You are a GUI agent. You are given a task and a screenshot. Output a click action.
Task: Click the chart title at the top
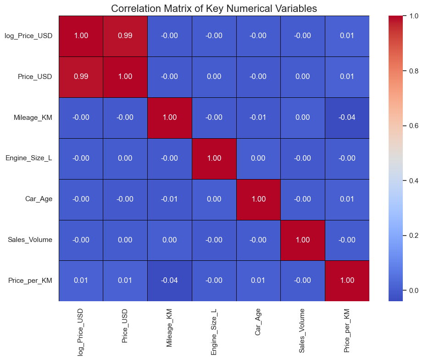click(214, 8)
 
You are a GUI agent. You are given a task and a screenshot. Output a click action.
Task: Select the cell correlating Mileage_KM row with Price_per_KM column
click(347, 118)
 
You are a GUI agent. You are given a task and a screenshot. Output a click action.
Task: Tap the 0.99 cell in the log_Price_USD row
click(125, 36)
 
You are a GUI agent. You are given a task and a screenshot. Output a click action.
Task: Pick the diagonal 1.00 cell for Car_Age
click(258, 199)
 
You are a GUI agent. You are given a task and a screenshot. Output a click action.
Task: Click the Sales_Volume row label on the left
click(30, 240)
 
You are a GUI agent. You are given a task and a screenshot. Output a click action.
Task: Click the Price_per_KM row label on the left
click(30, 281)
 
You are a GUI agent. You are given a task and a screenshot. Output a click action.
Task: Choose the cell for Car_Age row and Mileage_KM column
click(170, 199)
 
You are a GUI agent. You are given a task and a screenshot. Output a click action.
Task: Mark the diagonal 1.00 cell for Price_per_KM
click(347, 281)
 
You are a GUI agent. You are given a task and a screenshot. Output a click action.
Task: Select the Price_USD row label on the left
click(35, 77)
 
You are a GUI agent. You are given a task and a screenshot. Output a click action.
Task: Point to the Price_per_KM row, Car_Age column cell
click(258, 281)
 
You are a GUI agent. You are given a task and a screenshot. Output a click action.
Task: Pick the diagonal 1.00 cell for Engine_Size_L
click(214, 158)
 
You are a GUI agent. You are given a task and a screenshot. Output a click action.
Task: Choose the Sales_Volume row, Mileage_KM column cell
click(170, 240)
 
